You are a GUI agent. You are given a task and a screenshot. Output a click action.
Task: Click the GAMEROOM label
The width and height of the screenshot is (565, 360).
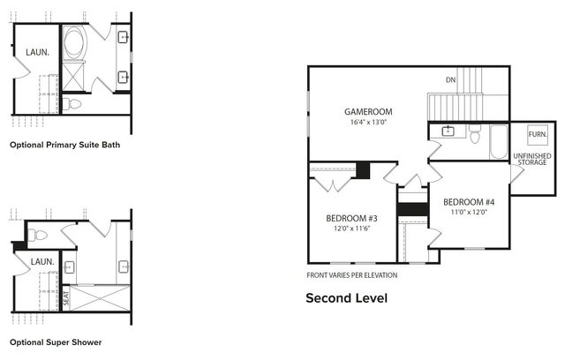[x=368, y=112]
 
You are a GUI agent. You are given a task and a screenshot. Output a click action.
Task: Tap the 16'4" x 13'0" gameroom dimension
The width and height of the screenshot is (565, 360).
[x=368, y=123]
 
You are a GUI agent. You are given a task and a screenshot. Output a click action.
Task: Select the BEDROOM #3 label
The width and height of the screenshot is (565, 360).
[x=351, y=218]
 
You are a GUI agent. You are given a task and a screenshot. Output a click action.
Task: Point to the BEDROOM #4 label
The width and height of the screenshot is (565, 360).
[x=469, y=202]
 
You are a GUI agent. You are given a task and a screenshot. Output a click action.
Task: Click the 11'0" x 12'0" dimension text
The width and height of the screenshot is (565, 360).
[x=469, y=213]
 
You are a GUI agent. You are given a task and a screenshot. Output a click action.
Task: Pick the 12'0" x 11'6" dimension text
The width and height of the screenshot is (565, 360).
[x=351, y=229]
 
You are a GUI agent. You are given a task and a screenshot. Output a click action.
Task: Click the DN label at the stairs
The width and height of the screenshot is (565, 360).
[x=450, y=80]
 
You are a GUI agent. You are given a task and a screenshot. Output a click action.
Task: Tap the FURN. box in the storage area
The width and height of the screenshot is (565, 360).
[x=537, y=135]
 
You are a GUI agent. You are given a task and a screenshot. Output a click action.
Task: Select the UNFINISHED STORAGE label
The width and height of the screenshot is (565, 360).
[x=532, y=159]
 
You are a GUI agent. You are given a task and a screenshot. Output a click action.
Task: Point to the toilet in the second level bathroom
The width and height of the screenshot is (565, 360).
[x=474, y=136]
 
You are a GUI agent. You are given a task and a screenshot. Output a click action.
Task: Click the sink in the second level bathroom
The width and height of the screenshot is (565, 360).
[x=448, y=131]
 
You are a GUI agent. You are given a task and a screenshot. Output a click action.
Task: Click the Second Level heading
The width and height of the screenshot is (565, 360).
[x=346, y=298]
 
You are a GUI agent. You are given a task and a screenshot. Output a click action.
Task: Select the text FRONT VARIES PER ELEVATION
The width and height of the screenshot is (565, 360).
[x=351, y=275]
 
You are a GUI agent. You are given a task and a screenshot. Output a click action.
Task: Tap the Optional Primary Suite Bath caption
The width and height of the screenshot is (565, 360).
[x=64, y=144]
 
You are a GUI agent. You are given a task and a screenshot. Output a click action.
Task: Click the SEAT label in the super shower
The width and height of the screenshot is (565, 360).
[x=64, y=296]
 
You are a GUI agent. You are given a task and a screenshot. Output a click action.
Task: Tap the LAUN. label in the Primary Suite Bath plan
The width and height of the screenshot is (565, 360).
[x=36, y=52]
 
